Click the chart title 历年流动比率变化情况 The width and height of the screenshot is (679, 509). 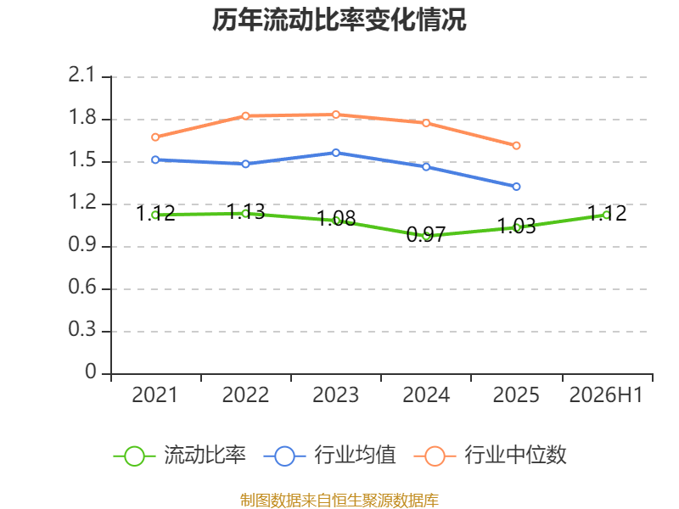pos(339,20)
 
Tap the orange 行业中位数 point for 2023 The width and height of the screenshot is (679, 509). pos(335,115)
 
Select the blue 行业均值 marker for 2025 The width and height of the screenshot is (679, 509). pos(516,187)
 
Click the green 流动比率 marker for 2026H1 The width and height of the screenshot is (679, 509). pos(606,215)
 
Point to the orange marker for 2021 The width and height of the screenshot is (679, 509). pos(155,137)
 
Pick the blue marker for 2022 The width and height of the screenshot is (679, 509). pos(245,164)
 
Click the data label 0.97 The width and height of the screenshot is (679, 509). pos(426,235)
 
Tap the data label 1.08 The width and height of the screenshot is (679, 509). pos(336,219)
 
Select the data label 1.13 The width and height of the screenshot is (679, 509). pos(245,211)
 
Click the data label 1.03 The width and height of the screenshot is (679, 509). pos(516,227)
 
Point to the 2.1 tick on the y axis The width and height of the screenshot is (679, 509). pos(81,76)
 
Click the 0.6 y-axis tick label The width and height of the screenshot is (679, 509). pos(82,287)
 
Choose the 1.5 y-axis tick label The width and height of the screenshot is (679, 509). pos(82,160)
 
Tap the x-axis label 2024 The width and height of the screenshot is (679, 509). pos(426,395)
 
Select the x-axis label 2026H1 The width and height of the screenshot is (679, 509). pos(606,395)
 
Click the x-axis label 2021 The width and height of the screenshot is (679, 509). pos(154,395)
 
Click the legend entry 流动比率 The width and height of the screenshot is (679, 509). pos(179,456)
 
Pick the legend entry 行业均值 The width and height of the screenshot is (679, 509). pos(329,456)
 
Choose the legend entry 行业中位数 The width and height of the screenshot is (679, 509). pos(491,456)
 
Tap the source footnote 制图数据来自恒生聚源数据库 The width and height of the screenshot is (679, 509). pos(339,501)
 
